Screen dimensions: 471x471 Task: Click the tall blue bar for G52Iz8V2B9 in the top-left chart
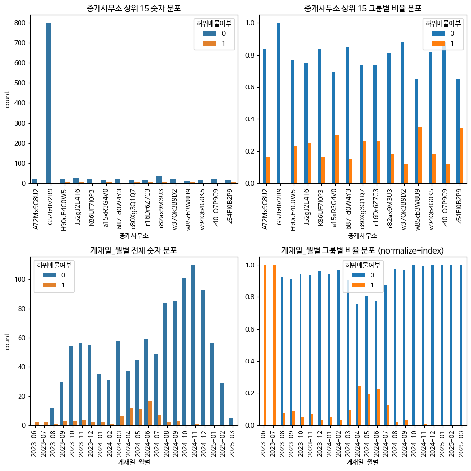pos(48,103)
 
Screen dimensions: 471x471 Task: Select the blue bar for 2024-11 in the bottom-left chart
pos(193,345)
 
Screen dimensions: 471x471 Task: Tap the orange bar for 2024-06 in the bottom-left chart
pos(150,413)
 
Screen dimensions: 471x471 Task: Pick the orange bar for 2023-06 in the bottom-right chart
pos(265,345)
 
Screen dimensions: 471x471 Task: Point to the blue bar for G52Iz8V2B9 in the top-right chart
pos(278,103)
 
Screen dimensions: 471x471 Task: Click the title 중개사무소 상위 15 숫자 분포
pos(134,8)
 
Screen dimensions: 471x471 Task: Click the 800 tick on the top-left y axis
pos(20,23)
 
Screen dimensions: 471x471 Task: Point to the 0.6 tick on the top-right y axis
pos(250,87)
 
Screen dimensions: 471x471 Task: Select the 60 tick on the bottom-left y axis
pos(21,338)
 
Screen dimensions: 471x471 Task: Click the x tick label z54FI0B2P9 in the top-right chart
pos(459,206)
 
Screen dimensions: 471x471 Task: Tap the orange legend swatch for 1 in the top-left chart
pos(210,43)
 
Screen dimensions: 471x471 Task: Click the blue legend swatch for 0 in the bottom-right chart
pos(358,275)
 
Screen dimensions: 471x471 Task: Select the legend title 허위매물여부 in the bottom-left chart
pos(54,265)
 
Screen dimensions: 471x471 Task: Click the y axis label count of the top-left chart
pos(7,99)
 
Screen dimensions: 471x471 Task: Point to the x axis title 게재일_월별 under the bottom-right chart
pos(362,462)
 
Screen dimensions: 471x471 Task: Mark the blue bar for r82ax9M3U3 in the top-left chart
pos(159,180)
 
